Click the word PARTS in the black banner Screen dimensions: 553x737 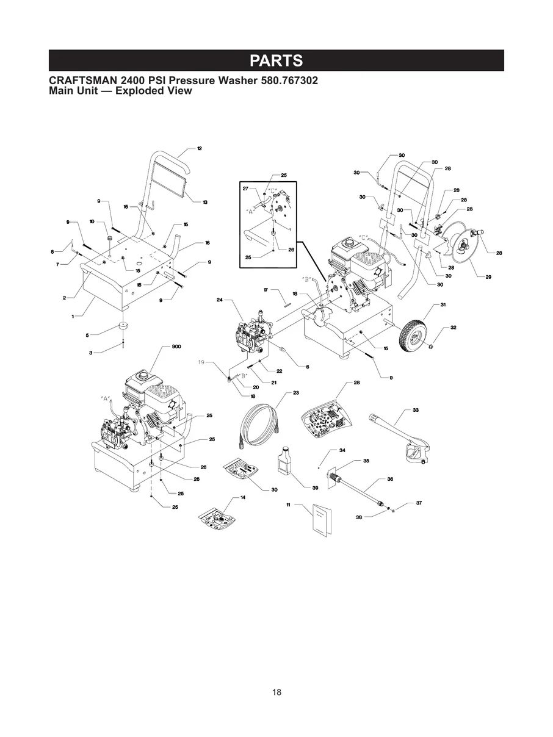tap(276, 60)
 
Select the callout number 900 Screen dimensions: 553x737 tap(176, 347)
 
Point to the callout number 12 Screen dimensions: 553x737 tap(200, 148)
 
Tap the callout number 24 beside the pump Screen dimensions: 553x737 tap(220, 300)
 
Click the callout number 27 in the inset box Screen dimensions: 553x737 tap(245, 189)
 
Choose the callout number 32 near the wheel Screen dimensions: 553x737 tap(454, 328)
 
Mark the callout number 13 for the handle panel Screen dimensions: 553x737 tap(205, 202)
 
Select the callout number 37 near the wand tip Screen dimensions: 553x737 tap(419, 503)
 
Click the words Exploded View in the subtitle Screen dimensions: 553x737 tap(154, 91)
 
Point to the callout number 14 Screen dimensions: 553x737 tap(243, 498)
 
